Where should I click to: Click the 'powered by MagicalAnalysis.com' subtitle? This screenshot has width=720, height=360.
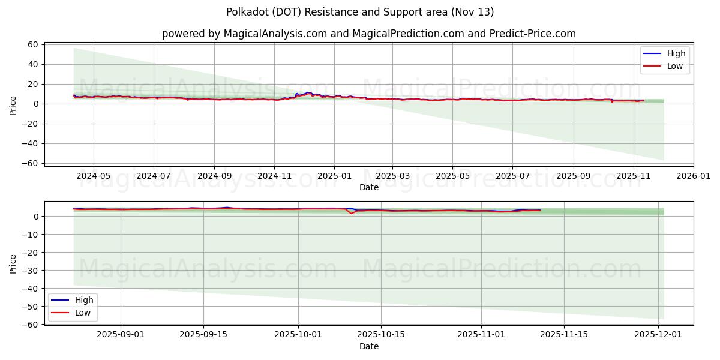[x=368, y=34]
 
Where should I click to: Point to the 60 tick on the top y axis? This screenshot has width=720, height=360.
[x=33, y=44]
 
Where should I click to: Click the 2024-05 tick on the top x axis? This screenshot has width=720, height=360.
[x=94, y=176]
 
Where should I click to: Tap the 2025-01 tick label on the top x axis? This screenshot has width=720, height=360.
[x=334, y=176]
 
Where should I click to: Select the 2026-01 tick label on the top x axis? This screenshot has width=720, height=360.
[x=694, y=176]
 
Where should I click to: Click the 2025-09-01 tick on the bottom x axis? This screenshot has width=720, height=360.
[x=121, y=335]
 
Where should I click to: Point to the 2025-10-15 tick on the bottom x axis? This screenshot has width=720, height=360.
[x=381, y=335]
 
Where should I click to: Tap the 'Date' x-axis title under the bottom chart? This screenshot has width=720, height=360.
[x=368, y=346]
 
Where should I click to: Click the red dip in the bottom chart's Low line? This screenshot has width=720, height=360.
[x=352, y=213]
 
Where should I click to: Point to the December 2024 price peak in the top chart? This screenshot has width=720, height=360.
[x=307, y=92]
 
